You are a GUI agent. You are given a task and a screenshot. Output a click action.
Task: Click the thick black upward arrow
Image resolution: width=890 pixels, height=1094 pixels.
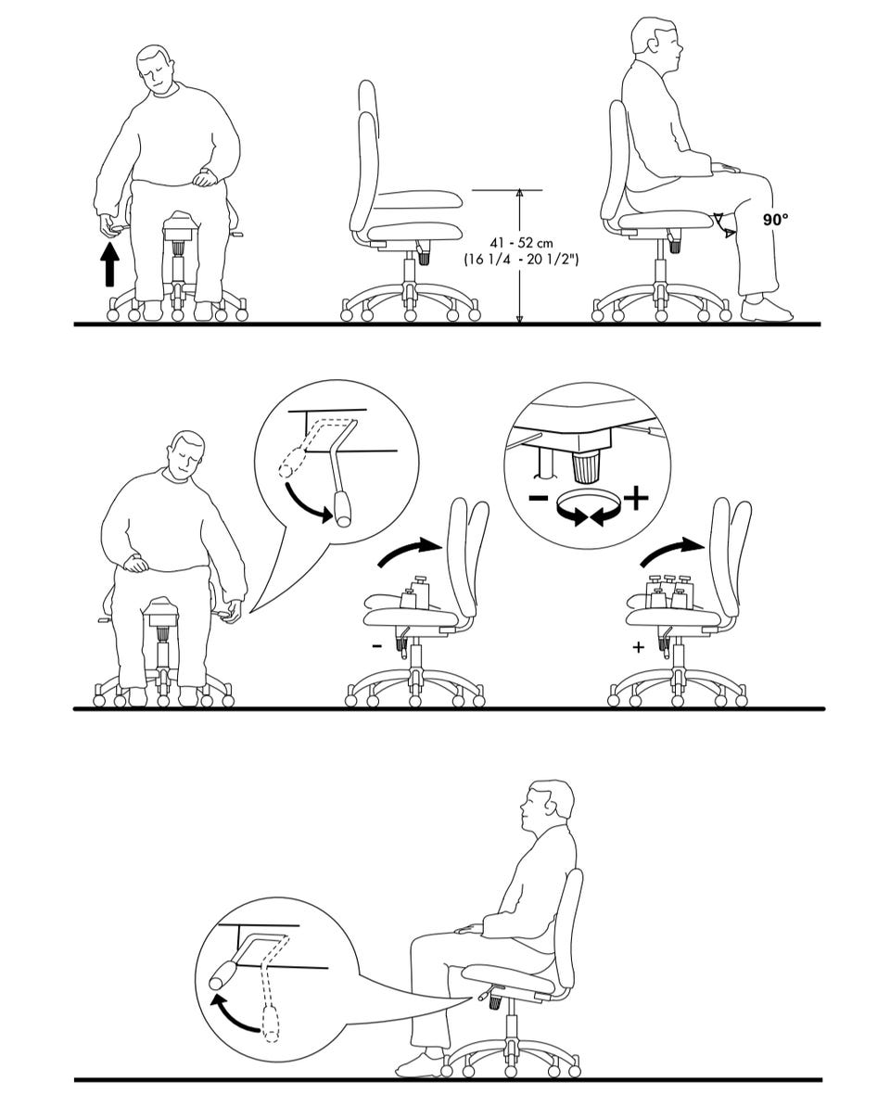109,264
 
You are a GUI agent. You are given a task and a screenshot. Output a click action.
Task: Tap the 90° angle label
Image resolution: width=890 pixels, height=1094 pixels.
775,219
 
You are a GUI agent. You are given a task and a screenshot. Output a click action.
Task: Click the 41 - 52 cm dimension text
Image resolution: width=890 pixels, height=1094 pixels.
521,243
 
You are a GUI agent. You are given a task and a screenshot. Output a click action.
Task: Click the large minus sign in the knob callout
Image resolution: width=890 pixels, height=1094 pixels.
538,498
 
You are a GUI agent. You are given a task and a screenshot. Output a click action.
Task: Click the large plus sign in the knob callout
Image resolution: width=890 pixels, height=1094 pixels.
635,498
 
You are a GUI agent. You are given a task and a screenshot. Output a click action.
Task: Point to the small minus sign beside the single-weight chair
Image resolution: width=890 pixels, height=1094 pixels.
376,647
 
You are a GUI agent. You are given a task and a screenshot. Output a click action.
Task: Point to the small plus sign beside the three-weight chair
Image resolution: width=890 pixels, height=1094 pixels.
638,647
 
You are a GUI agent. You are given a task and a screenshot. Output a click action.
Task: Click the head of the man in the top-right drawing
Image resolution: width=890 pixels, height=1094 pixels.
655,43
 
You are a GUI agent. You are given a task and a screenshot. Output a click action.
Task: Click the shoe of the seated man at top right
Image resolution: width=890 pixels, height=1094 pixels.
767,310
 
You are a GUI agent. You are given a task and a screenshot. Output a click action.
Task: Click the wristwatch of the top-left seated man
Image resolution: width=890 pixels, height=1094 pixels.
205,171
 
